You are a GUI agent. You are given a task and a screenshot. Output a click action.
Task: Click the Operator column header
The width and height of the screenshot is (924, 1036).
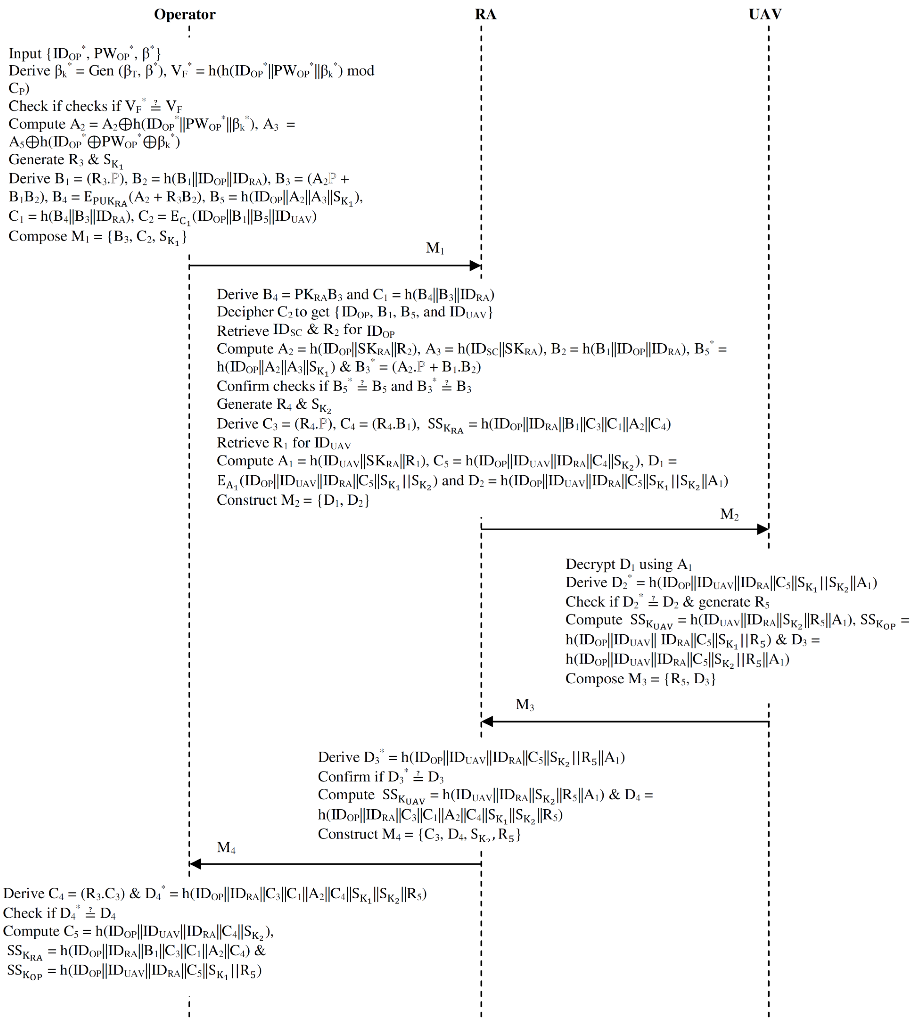pos(185,14)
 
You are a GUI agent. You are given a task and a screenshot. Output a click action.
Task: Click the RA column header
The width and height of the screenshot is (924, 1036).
pos(485,14)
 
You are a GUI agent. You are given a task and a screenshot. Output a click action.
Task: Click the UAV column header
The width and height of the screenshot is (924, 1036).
pos(765,14)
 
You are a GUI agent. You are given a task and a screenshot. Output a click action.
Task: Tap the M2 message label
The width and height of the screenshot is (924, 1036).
pos(729,514)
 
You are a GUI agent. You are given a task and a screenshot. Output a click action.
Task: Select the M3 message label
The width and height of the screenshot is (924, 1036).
pos(524,705)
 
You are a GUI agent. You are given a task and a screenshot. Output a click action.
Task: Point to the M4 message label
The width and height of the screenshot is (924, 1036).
pos(226,848)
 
